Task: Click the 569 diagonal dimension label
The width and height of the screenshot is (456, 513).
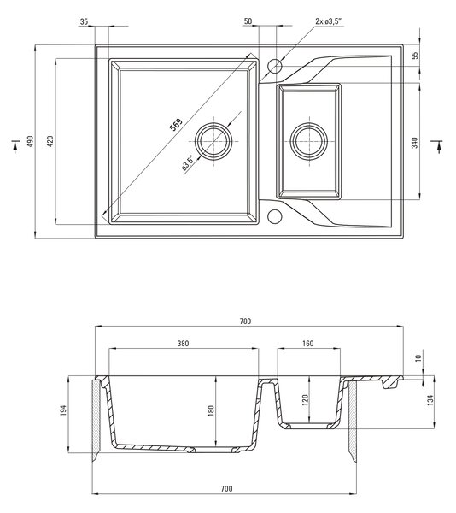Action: pyautogui.click(x=176, y=124)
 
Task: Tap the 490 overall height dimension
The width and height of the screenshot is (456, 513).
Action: pyautogui.click(x=30, y=141)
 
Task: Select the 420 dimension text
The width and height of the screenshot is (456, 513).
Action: pyautogui.click(x=50, y=141)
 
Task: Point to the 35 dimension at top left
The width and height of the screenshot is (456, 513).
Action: pyautogui.click(x=84, y=21)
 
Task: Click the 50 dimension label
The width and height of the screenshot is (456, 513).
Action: pyautogui.click(x=248, y=21)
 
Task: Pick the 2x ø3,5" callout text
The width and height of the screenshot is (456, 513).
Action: pyautogui.click(x=328, y=21)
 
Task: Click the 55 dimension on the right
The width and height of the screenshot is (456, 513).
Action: pyautogui.click(x=414, y=56)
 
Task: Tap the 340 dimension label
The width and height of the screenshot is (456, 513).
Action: pyautogui.click(x=414, y=143)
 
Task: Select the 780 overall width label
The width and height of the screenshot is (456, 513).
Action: pyautogui.click(x=245, y=321)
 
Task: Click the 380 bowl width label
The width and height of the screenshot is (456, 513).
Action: pyautogui.click(x=183, y=344)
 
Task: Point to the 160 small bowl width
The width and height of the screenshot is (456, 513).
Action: pyautogui.click(x=307, y=344)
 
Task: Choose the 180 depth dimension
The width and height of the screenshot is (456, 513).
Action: pyautogui.click(x=211, y=410)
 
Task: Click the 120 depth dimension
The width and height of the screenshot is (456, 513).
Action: pyautogui.click(x=305, y=400)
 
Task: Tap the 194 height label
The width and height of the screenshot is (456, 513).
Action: pyautogui.click(x=63, y=410)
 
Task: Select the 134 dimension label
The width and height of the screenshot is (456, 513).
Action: pyautogui.click(x=430, y=400)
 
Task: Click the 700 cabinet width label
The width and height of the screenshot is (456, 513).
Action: pyautogui.click(x=226, y=489)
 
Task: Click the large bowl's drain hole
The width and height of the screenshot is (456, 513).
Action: pyautogui.click(x=213, y=141)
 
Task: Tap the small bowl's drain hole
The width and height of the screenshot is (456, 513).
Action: pyautogui.click(x=309, y=141)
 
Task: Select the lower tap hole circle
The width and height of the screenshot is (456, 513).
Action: pyautogui.click(x=274, y=216)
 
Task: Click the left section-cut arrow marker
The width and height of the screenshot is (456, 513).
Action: pyautogui.click(x=15, y=146)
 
